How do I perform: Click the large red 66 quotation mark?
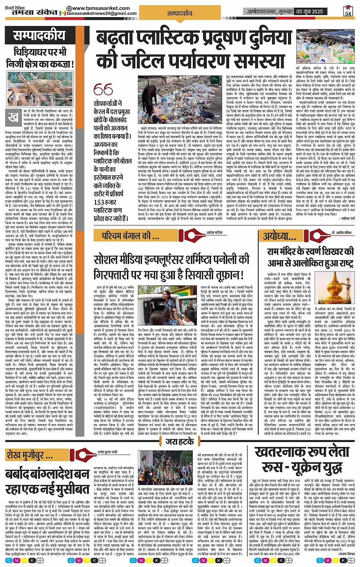[103, 90]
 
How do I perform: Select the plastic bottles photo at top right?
[325, 49]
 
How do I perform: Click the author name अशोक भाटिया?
[214, 232]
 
